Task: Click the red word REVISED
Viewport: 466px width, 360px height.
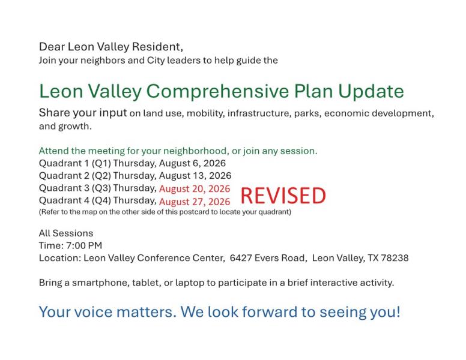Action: click(x=283, y=196)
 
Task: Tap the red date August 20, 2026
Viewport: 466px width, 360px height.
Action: click(x=195, y=189)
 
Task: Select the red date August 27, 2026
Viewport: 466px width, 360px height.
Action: click(x=195, y=202)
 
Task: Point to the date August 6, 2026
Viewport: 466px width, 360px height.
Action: click(x=192, y=164)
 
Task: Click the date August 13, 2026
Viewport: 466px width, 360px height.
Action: click(x=195, y=176)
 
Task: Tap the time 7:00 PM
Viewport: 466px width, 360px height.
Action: click(x=84, y=245)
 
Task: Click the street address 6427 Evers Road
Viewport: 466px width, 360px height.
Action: click(x=268, y=258)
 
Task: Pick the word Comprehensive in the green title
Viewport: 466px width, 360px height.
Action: click(x=217, y=91)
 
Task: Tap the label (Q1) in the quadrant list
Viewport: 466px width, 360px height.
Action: click(x=101, y=163)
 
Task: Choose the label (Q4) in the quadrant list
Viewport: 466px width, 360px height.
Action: click(x=101, y=200)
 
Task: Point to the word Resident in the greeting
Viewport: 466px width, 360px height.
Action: click(x=157, y=47)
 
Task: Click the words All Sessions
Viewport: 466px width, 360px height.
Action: click(x=66, y=233)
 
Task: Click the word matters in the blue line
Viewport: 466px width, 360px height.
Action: click(x=147, y=312)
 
